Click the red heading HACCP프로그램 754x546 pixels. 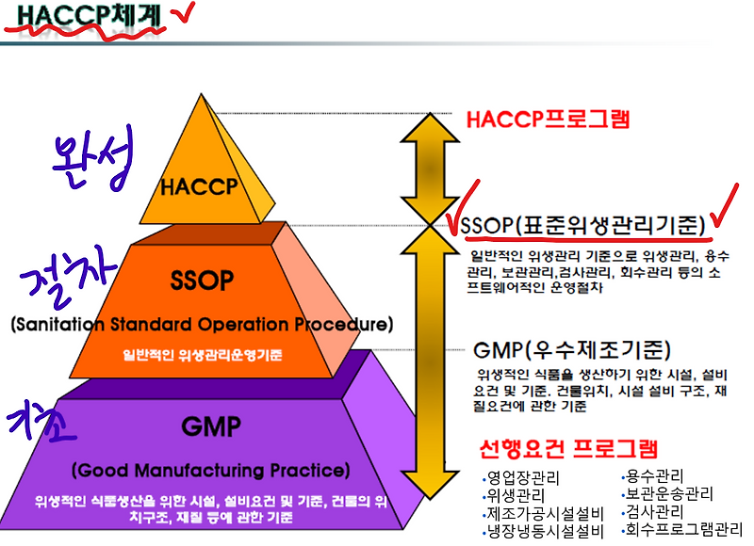[548, 120]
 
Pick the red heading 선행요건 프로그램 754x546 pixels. [567, 448]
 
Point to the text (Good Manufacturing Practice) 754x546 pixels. [209, 470]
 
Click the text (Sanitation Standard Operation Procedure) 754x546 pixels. [200, 325]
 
